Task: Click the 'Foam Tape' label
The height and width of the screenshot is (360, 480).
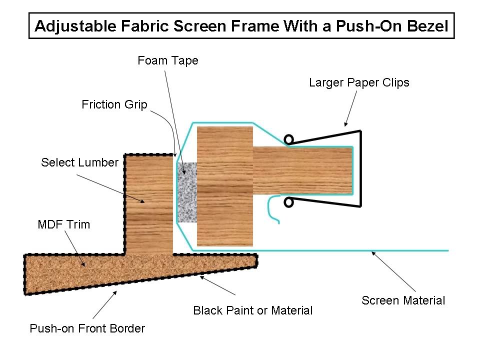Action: (168, 61)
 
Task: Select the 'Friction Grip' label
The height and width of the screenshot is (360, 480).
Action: (115, 105)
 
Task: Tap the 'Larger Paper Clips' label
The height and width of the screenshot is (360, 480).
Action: (359, 82)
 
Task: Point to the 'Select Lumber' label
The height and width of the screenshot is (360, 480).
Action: (79, 162)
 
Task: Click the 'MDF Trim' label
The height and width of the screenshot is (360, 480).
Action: (64, 224)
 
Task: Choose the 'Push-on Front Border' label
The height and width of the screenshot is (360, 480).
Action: (87, 328)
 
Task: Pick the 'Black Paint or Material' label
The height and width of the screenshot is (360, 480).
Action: (252, 310)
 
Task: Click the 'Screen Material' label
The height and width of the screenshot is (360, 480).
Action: (403, 300)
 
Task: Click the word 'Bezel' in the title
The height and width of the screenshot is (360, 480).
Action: (424, 26)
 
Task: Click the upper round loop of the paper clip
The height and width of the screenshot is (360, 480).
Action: (288, 139)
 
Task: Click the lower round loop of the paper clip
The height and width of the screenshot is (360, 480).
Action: (288, 202)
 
